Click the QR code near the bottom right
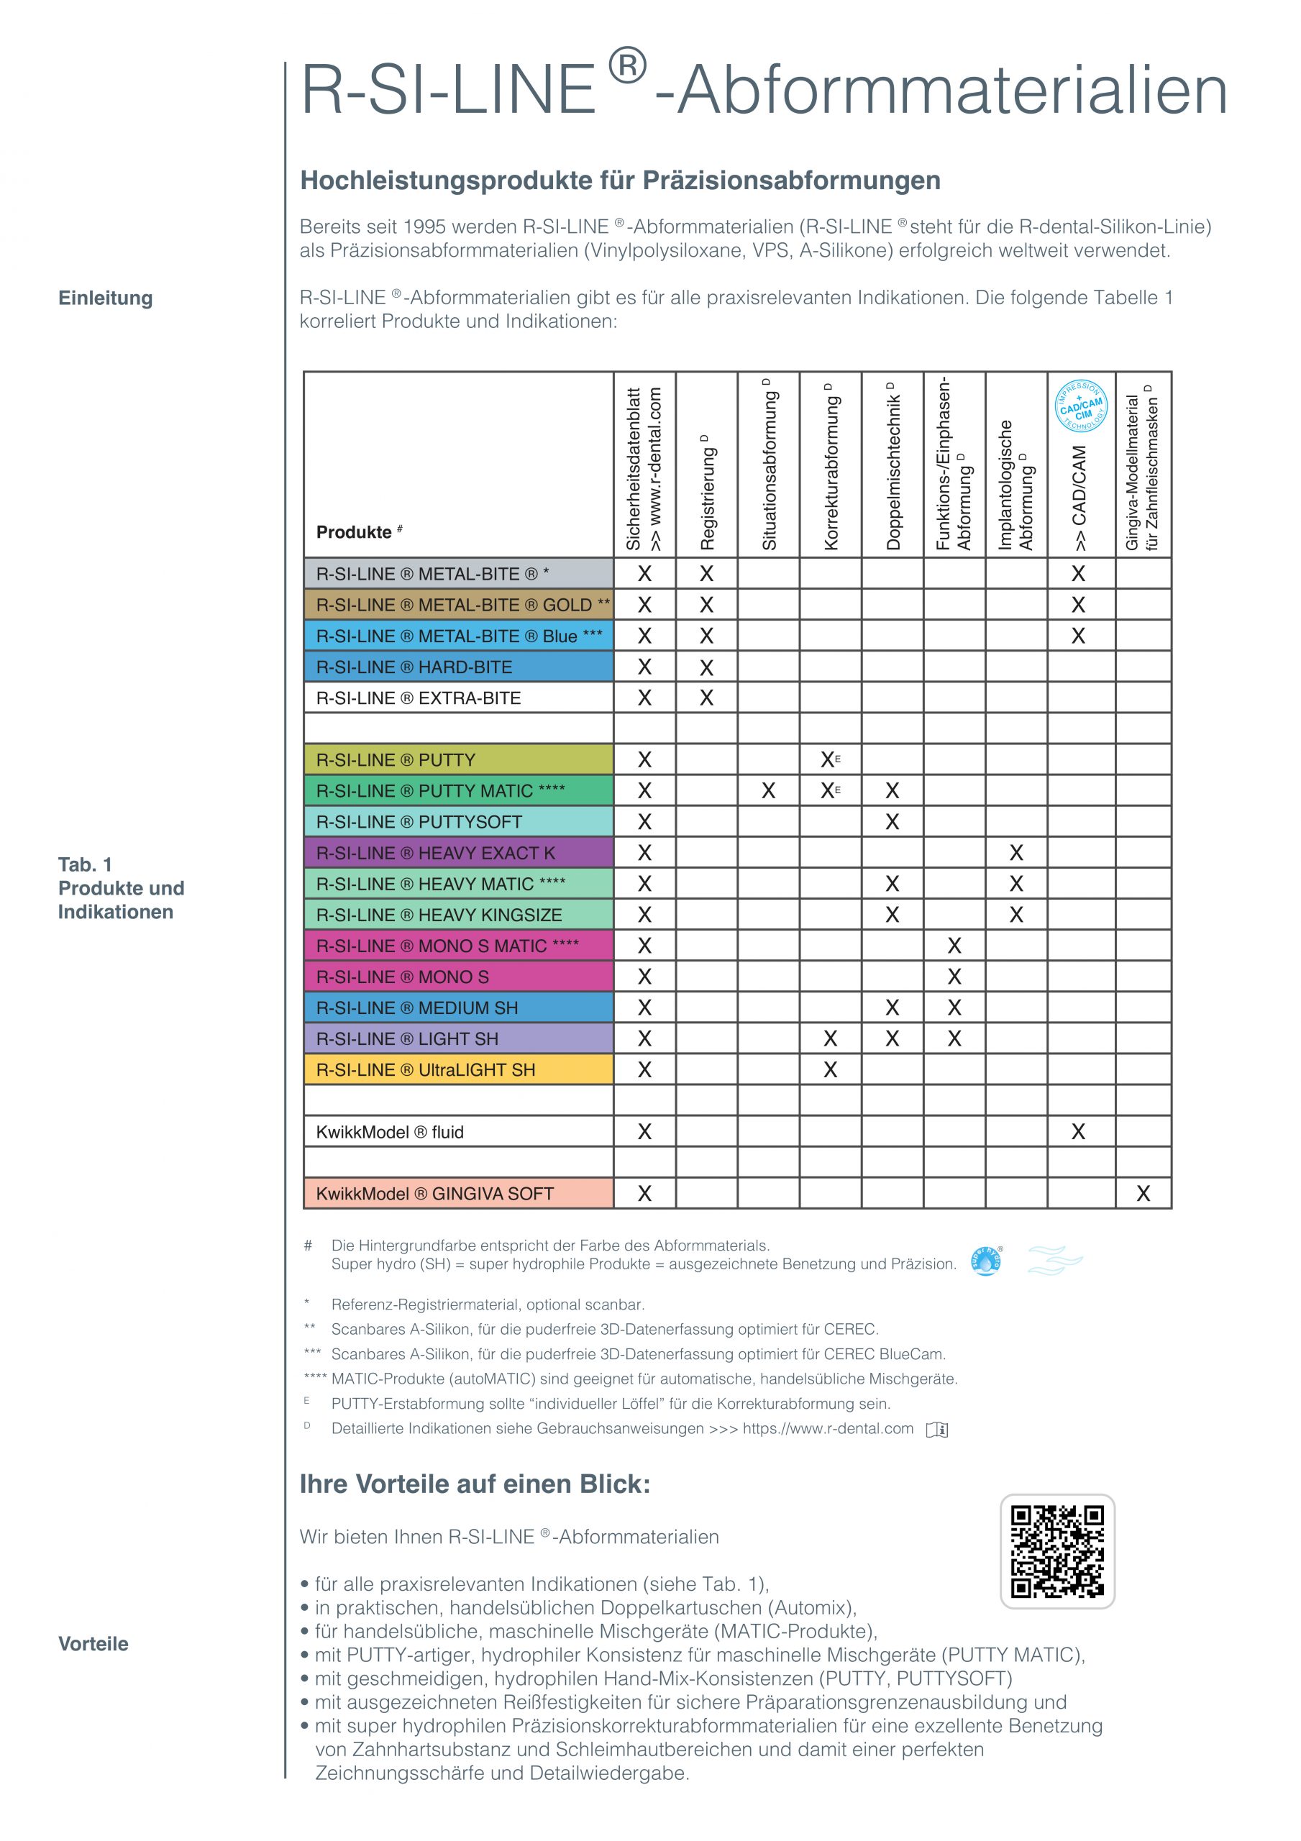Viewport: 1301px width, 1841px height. coord(1056,1550)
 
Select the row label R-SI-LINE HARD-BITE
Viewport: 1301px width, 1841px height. coord(414,667)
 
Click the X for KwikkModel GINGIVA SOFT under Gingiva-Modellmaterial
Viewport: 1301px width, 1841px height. coord(1143,1194)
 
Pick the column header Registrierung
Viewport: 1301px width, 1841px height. coord(707,493)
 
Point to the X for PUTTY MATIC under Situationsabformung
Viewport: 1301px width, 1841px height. coord(768,791)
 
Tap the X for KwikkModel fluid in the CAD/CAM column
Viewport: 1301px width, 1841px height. coord(1078,1132)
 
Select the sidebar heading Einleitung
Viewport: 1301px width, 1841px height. coord(105,298)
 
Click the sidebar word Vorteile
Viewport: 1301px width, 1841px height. coord(93,1644)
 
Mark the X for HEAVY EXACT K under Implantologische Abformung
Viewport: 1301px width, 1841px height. coord(1016,853)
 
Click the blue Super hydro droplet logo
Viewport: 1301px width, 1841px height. coord(986,1261)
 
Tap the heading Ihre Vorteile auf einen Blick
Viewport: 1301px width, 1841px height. coord(475,1484)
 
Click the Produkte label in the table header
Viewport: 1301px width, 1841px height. coord(354,532)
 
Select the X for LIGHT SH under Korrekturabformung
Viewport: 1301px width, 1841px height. coord(830,1039)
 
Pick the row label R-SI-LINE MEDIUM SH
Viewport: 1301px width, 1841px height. coord(417,1008)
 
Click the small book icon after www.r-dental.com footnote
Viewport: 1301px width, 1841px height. coord(937,1430)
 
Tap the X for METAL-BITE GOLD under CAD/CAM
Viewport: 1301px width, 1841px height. coord(1078,606)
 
